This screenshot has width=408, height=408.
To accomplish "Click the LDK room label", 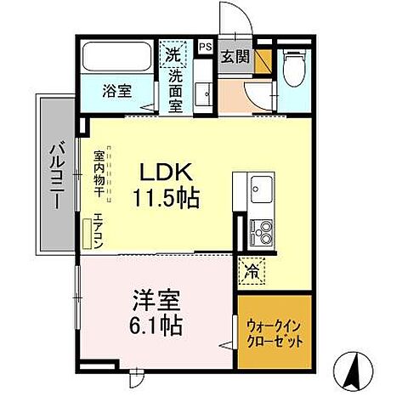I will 163,170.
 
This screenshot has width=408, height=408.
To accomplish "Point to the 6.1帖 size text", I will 156,326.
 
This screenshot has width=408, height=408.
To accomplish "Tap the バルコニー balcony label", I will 50,174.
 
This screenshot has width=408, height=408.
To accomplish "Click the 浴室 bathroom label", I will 117,91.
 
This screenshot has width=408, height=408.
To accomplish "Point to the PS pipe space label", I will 205,47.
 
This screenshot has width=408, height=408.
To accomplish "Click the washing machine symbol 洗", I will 174,54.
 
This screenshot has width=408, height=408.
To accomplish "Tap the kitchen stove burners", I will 259,230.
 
